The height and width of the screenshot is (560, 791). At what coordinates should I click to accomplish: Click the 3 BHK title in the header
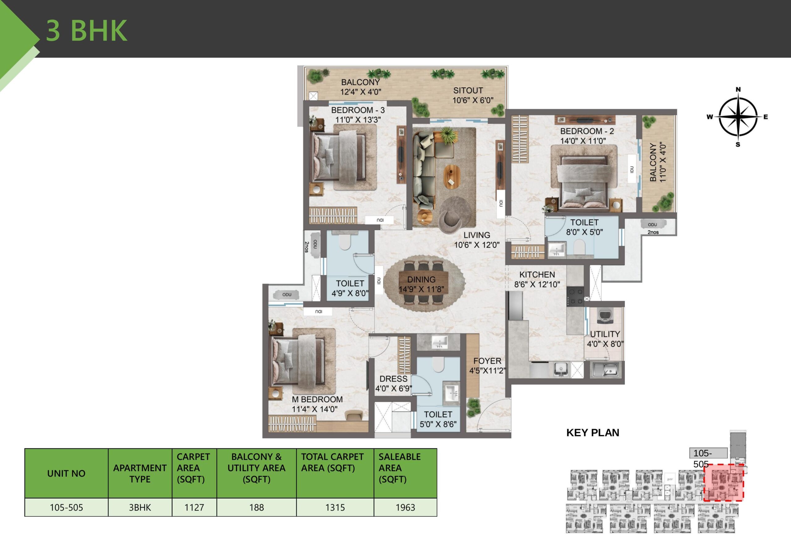click(x=87, y=30)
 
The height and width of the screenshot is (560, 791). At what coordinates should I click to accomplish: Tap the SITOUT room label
click(x=467, y=91)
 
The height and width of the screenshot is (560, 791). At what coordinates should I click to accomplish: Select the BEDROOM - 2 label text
click(x=587, y=131)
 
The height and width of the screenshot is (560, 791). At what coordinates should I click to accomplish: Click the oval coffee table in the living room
click(x=451, y=177)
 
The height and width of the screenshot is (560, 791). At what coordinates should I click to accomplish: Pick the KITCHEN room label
click(x=537, y=275)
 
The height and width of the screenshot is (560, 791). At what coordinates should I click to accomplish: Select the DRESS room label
click(x=393, y=378)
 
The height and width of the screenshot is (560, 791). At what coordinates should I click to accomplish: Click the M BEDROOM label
click(x=317, y=399)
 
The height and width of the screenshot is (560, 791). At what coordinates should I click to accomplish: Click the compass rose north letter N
click(x=738, y=90)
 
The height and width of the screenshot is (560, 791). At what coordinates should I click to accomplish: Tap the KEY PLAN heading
click(x=593, y=433)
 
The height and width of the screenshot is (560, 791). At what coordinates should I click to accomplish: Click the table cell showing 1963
click(x=405, y=507)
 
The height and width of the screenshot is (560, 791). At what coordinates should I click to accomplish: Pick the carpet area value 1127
click(x=194, y=507)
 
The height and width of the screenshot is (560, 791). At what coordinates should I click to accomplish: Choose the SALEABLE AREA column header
click(x=400, y=468)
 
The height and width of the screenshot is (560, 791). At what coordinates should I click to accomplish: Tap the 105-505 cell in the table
click(x=66, y=507)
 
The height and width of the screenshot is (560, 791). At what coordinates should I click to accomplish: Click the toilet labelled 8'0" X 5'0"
click(x=584, y=228)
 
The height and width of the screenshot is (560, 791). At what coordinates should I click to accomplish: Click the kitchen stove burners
click(x=575, y=297)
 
